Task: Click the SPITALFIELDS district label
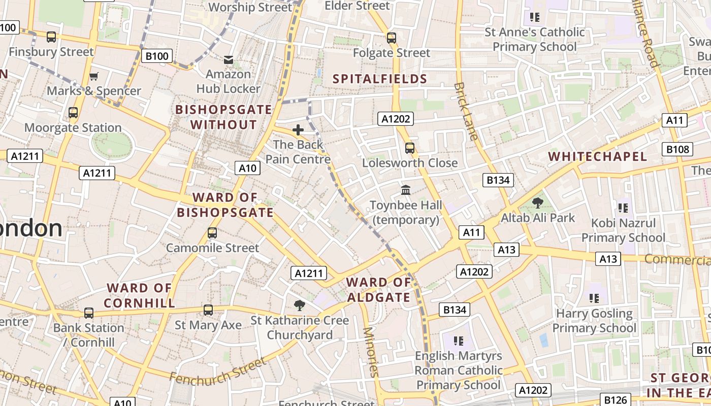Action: click(380, 79)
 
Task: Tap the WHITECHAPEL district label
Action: click(598, 156)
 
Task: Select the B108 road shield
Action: click(678, 149)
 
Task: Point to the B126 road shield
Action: click(616, 399)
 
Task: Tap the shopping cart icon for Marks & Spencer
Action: click(93, 77)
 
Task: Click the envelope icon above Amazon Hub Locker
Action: click(229, 60)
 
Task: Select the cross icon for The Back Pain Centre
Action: click(298, 130)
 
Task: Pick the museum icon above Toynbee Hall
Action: click(406, 190)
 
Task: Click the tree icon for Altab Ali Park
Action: click(537, 203)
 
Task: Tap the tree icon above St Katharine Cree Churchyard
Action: click(300, 305)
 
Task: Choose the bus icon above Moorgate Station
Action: click(73, 113)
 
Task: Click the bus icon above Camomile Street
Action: click(212, 233)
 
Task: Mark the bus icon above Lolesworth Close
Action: click(409, 148)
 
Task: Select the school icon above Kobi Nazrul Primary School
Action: click(623, 208)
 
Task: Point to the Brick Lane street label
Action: click(466, 111)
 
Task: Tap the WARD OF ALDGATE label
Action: click(378, 290)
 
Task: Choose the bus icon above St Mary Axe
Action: click(208, 310)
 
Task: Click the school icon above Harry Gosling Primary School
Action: click(594, 298)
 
